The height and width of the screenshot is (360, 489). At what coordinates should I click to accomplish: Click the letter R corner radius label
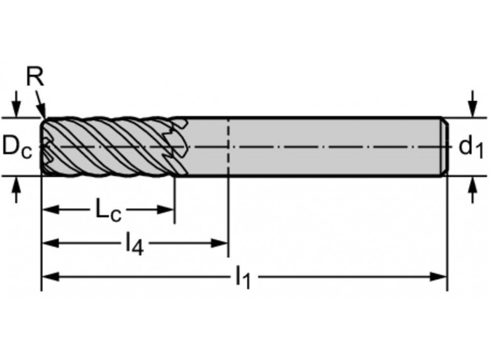pos(34,78)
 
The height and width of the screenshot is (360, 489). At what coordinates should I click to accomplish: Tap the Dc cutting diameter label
pos(17,147)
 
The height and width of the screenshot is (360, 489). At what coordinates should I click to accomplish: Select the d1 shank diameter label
pos(471,147)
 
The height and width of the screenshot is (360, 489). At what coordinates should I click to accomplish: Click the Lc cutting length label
pos(108,211)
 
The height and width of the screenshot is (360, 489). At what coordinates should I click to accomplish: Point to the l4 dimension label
pos(134,243)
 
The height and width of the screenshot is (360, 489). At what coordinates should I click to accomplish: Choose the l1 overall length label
pos(243,277)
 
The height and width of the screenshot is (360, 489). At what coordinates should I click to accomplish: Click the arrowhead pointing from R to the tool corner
pos(43,113)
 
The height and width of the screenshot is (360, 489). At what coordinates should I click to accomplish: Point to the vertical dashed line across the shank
pos(228,147)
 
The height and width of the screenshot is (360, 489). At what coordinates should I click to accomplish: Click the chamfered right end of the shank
pos(445,147)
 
